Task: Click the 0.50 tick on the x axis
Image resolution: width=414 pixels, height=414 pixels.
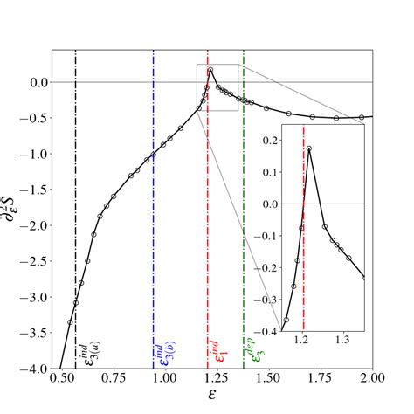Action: (60, 381)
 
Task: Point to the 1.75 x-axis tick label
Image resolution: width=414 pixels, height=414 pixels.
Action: (321, 381)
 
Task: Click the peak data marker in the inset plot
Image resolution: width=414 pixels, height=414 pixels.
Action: (309, 149)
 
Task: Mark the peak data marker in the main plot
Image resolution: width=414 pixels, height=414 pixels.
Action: (210, 70)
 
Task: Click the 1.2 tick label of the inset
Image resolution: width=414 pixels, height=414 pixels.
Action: (301, 337)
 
